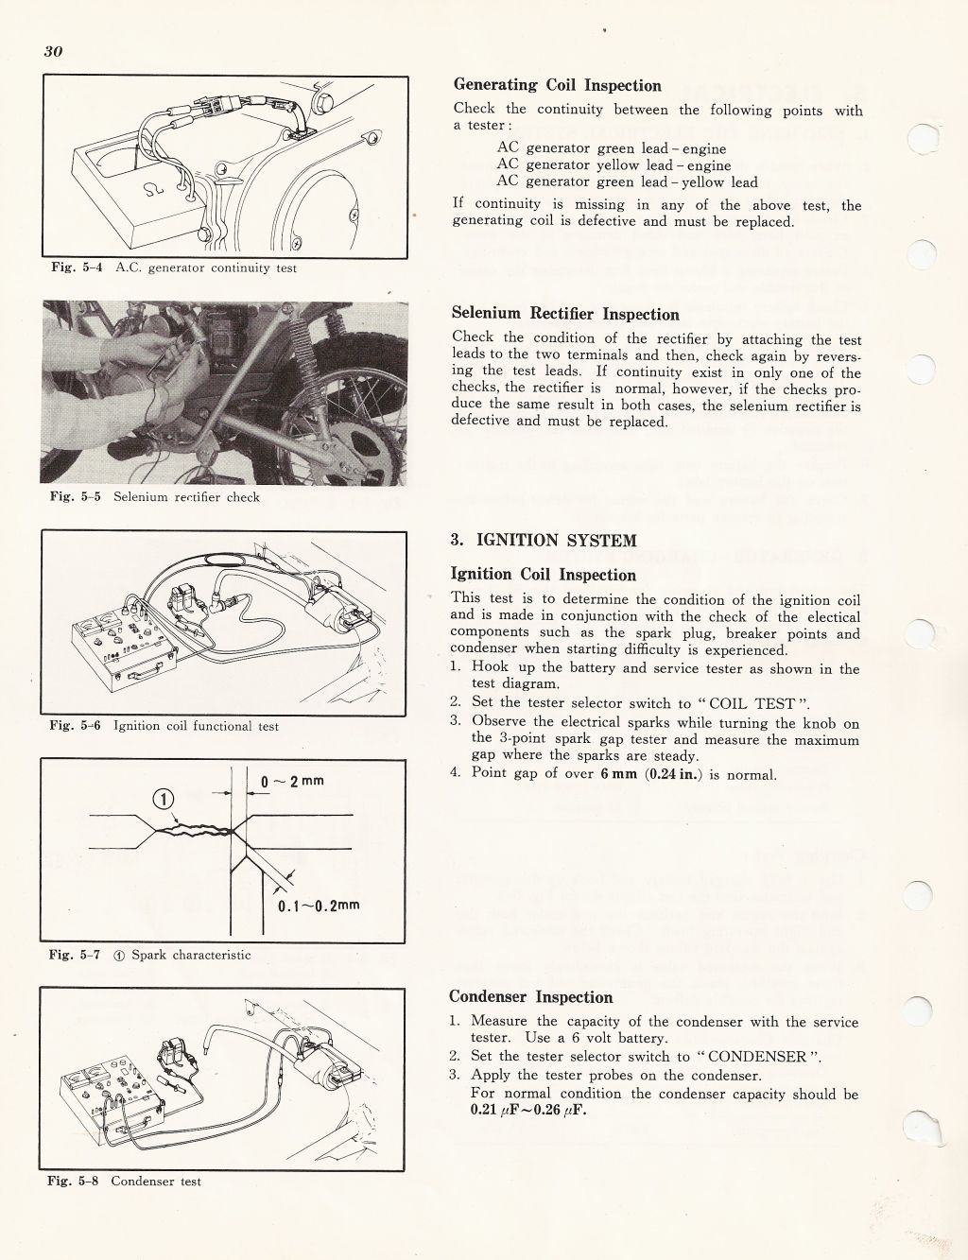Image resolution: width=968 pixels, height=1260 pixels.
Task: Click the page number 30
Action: tap(53, 51)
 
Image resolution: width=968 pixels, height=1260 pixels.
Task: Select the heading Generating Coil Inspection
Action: tap(557, 86)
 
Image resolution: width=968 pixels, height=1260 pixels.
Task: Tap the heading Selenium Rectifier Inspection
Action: tap(565, 314)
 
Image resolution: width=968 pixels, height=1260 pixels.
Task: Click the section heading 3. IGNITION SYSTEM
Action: tap(544, 541)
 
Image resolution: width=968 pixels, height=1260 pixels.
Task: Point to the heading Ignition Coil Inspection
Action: tap(543, 575)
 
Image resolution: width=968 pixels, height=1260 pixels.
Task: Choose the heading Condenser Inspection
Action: tap(530, 997)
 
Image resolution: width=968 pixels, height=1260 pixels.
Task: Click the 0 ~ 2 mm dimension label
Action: tap(292, 781)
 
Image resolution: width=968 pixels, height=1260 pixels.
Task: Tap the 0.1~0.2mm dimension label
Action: tap(319, 906)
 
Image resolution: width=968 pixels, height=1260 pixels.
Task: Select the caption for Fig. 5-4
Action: tap(173, 268)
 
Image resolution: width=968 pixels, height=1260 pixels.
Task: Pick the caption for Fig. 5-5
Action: tap(154, 497)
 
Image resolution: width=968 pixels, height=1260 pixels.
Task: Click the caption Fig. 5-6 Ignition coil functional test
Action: tap(164, 727)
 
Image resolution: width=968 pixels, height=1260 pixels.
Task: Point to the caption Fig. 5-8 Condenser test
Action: tap(125, 1182)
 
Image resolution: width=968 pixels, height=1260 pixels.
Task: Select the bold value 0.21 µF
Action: tap(497, 1111)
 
